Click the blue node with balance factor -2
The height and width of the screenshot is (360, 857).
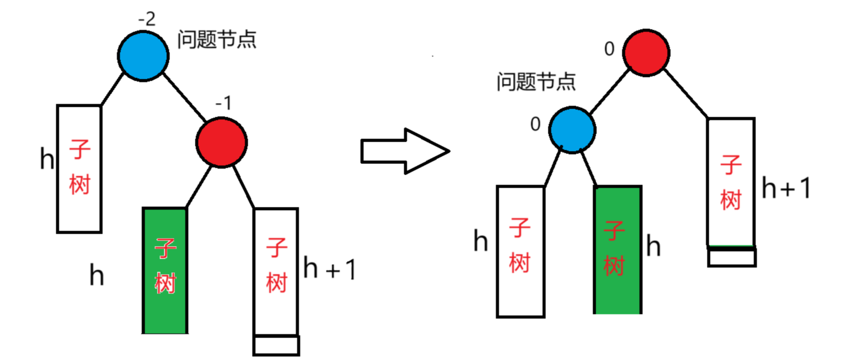(x=143, y=56)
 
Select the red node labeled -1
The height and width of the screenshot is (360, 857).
(x=221, y=143)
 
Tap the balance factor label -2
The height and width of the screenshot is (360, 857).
(x=147, y=19)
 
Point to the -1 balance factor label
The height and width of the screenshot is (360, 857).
(x=224, y=103)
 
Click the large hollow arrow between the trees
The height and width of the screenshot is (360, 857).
(x=404, y=151)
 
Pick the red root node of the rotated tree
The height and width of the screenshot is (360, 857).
(x=646, y=53)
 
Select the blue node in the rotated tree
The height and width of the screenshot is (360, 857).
(x=572, y=130)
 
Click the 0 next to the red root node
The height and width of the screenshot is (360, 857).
(x=609, y=49)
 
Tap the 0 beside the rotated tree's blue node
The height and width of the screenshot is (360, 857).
(x=535, y=124)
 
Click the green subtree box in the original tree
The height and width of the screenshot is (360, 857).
(x=165, y=271)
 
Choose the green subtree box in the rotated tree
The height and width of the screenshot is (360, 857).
(x=618, y=250)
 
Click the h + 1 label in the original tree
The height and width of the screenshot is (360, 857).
(x=330, y=269)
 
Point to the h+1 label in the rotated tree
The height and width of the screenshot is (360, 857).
(x=786, y=188)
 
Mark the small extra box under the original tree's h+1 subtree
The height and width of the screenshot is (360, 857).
(x=276, y=346)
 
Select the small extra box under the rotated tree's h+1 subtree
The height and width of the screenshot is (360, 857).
(x=732, y=257)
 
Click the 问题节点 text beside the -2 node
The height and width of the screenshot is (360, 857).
(x=216, y=40)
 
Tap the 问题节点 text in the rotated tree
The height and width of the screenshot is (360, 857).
(x=536, y=82)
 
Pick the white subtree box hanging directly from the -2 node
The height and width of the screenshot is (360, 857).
(x=79, y=169)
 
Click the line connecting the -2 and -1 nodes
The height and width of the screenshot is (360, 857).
(x=185, y=97)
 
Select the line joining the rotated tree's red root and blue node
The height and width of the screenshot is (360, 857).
(x=610, y=91)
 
